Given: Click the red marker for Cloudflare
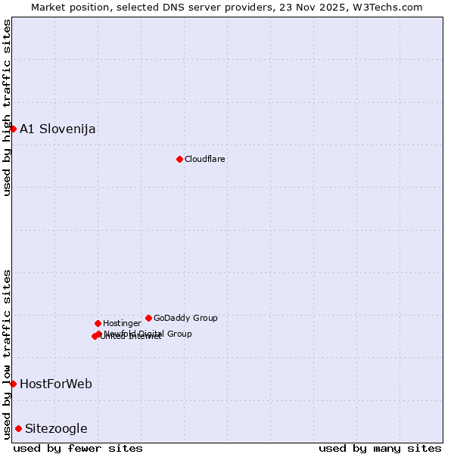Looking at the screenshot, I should click(x=179, y=159).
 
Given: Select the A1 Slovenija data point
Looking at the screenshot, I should click(x=13, y=129).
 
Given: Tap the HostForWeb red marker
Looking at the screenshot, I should click(x=13, y=384).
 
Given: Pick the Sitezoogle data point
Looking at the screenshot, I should click(x=18, y=428).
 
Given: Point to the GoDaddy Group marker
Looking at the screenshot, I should click(x=148, y=318).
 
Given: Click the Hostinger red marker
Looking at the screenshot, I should click(x=98, y=323).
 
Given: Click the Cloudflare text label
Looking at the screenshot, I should click(x=205, y=159).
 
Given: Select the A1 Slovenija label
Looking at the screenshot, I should click(x=58, y=129).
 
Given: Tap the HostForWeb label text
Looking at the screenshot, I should click(x=56, y=384).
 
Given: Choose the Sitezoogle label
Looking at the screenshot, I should click(x=56, y=428).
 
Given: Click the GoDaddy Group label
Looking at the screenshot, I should click(x=185, y=318).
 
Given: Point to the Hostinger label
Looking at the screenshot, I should click(x=122, y=323).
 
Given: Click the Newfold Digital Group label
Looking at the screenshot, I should click(x=148, y=334).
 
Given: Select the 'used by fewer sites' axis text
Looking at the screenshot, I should click(x=78, y=448).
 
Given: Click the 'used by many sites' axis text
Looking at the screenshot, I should click(x=380, y=448).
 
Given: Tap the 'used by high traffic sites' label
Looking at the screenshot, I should click(x=7, y=107).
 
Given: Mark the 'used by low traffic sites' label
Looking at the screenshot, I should click(x=7, y=354).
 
